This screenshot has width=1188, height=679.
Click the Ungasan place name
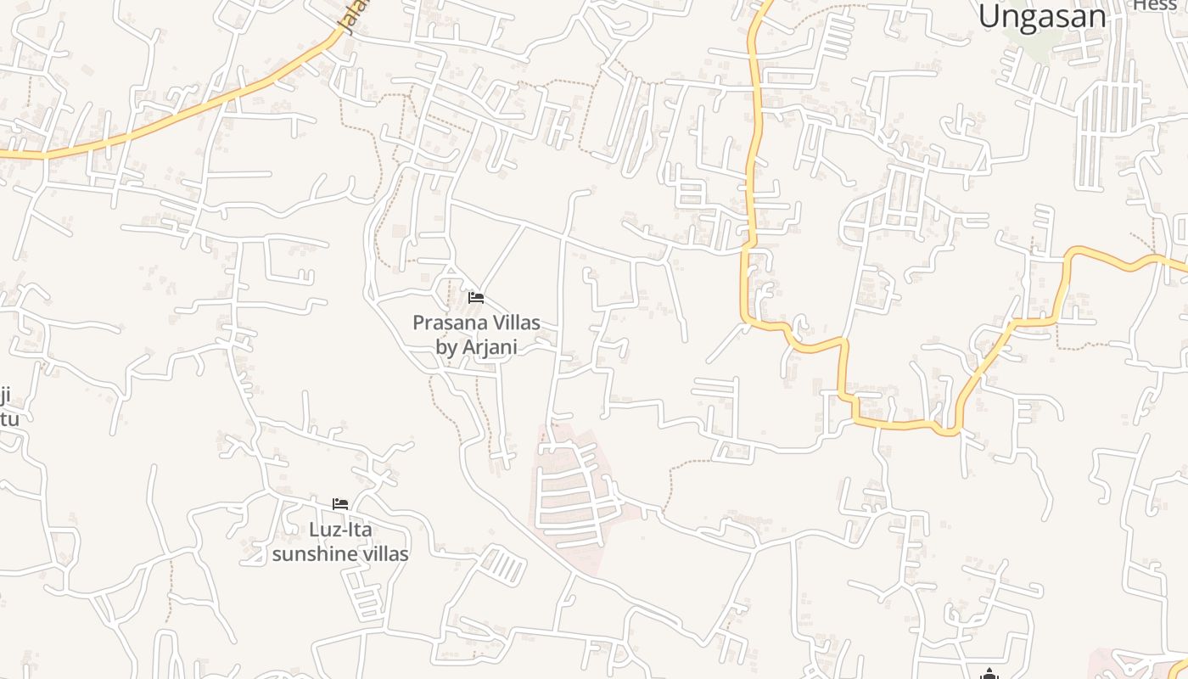[1042, 16]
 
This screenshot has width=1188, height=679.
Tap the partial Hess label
[1156, 5]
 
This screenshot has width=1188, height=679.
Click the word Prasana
[448, 323]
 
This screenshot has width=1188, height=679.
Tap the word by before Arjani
[446, 347]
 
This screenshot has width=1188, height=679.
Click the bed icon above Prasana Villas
[476, 298]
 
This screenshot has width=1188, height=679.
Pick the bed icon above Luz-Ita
[340, 504]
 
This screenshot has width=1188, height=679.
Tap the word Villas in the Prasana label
[514, 323]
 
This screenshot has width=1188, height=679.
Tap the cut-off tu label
[8, 418]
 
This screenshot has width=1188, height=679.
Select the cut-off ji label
[5, 396]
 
